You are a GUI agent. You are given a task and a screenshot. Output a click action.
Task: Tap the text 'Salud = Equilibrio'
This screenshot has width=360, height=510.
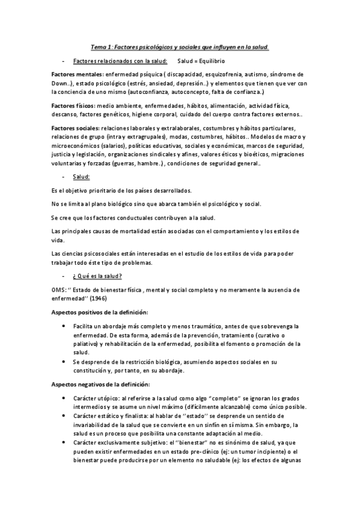coord(201,61)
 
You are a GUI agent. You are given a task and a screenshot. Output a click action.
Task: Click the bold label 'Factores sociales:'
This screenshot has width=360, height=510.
coord(76,129)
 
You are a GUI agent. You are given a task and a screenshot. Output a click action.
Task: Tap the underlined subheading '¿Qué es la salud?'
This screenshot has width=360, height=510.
coord(97,276)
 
